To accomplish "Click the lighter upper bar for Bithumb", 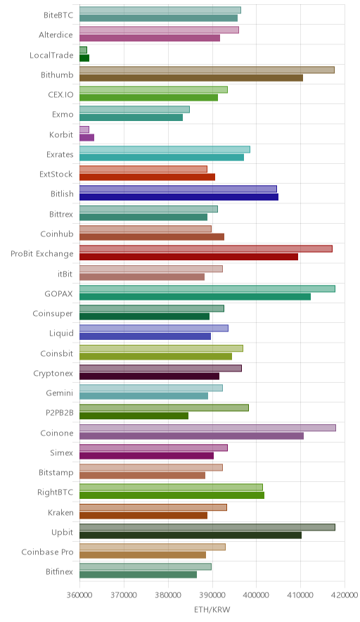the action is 207,70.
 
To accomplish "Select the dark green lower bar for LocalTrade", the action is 84,58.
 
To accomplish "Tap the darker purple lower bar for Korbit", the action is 86,138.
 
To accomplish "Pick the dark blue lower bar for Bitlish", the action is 179,197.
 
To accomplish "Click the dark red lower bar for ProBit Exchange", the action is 188,257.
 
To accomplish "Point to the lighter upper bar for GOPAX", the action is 207,288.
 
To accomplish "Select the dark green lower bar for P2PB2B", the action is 134,416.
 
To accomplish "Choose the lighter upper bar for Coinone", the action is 207,428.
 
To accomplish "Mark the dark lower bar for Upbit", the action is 191,535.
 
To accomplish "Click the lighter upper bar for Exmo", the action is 134,110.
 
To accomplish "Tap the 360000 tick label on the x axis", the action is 79,595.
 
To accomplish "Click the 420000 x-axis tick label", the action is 345,595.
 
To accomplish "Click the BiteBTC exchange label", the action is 58,15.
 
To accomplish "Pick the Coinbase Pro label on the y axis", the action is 48,552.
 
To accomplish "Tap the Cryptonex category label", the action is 53,374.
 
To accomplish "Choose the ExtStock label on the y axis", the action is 56,174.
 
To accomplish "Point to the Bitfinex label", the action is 60,571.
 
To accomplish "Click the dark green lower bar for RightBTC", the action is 172,495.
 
